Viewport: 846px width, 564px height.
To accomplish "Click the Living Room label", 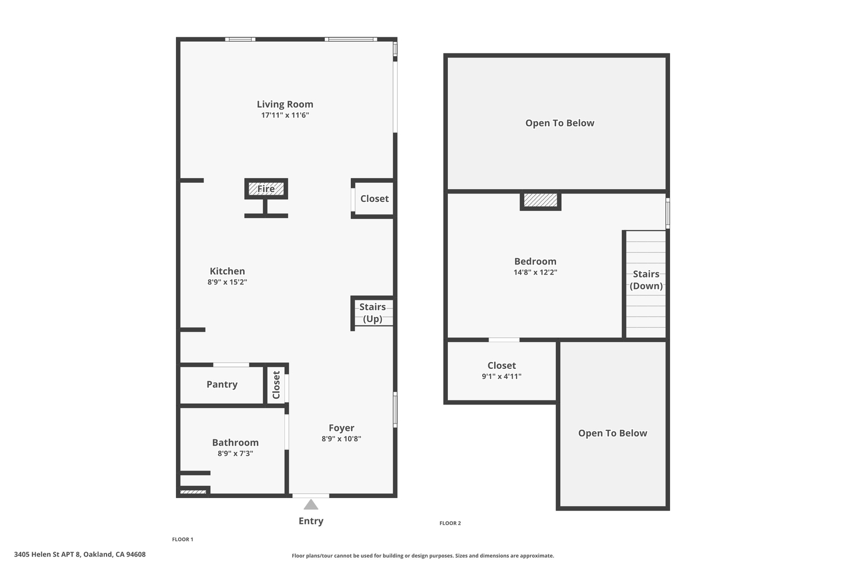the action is click(285, 104).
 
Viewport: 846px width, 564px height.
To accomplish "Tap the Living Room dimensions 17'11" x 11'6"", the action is click(285, 115).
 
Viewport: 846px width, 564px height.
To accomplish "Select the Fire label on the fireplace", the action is click(266, 188).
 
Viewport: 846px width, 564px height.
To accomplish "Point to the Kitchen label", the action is click(227, 271).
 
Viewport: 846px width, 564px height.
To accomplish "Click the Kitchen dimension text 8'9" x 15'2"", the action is click(227, 282).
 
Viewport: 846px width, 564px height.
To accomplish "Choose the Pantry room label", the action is click(222, 385).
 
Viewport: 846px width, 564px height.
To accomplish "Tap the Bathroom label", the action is click(235, 442).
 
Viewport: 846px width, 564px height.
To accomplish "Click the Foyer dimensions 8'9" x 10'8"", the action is click(341, 439).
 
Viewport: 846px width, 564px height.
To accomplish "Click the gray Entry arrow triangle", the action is click(310, 504).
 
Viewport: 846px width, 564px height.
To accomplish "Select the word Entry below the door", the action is click(311, 521).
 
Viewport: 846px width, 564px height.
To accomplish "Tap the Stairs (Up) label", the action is click(372, 313).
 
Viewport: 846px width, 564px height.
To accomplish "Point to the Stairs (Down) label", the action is click(646, 280).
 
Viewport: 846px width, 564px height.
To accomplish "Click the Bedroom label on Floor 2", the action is click(535, 261).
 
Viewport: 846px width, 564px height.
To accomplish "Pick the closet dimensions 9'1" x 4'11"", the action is click(501, 376).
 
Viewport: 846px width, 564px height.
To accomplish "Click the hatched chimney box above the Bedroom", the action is click(540, 201).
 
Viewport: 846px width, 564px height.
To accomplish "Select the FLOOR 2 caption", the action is click(450, 523).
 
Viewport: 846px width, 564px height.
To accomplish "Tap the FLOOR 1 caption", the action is click(182, 539).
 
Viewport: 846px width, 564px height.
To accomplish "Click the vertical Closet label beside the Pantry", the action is click(276, 385).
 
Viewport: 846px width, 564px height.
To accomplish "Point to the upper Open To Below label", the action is click(559, 123).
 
